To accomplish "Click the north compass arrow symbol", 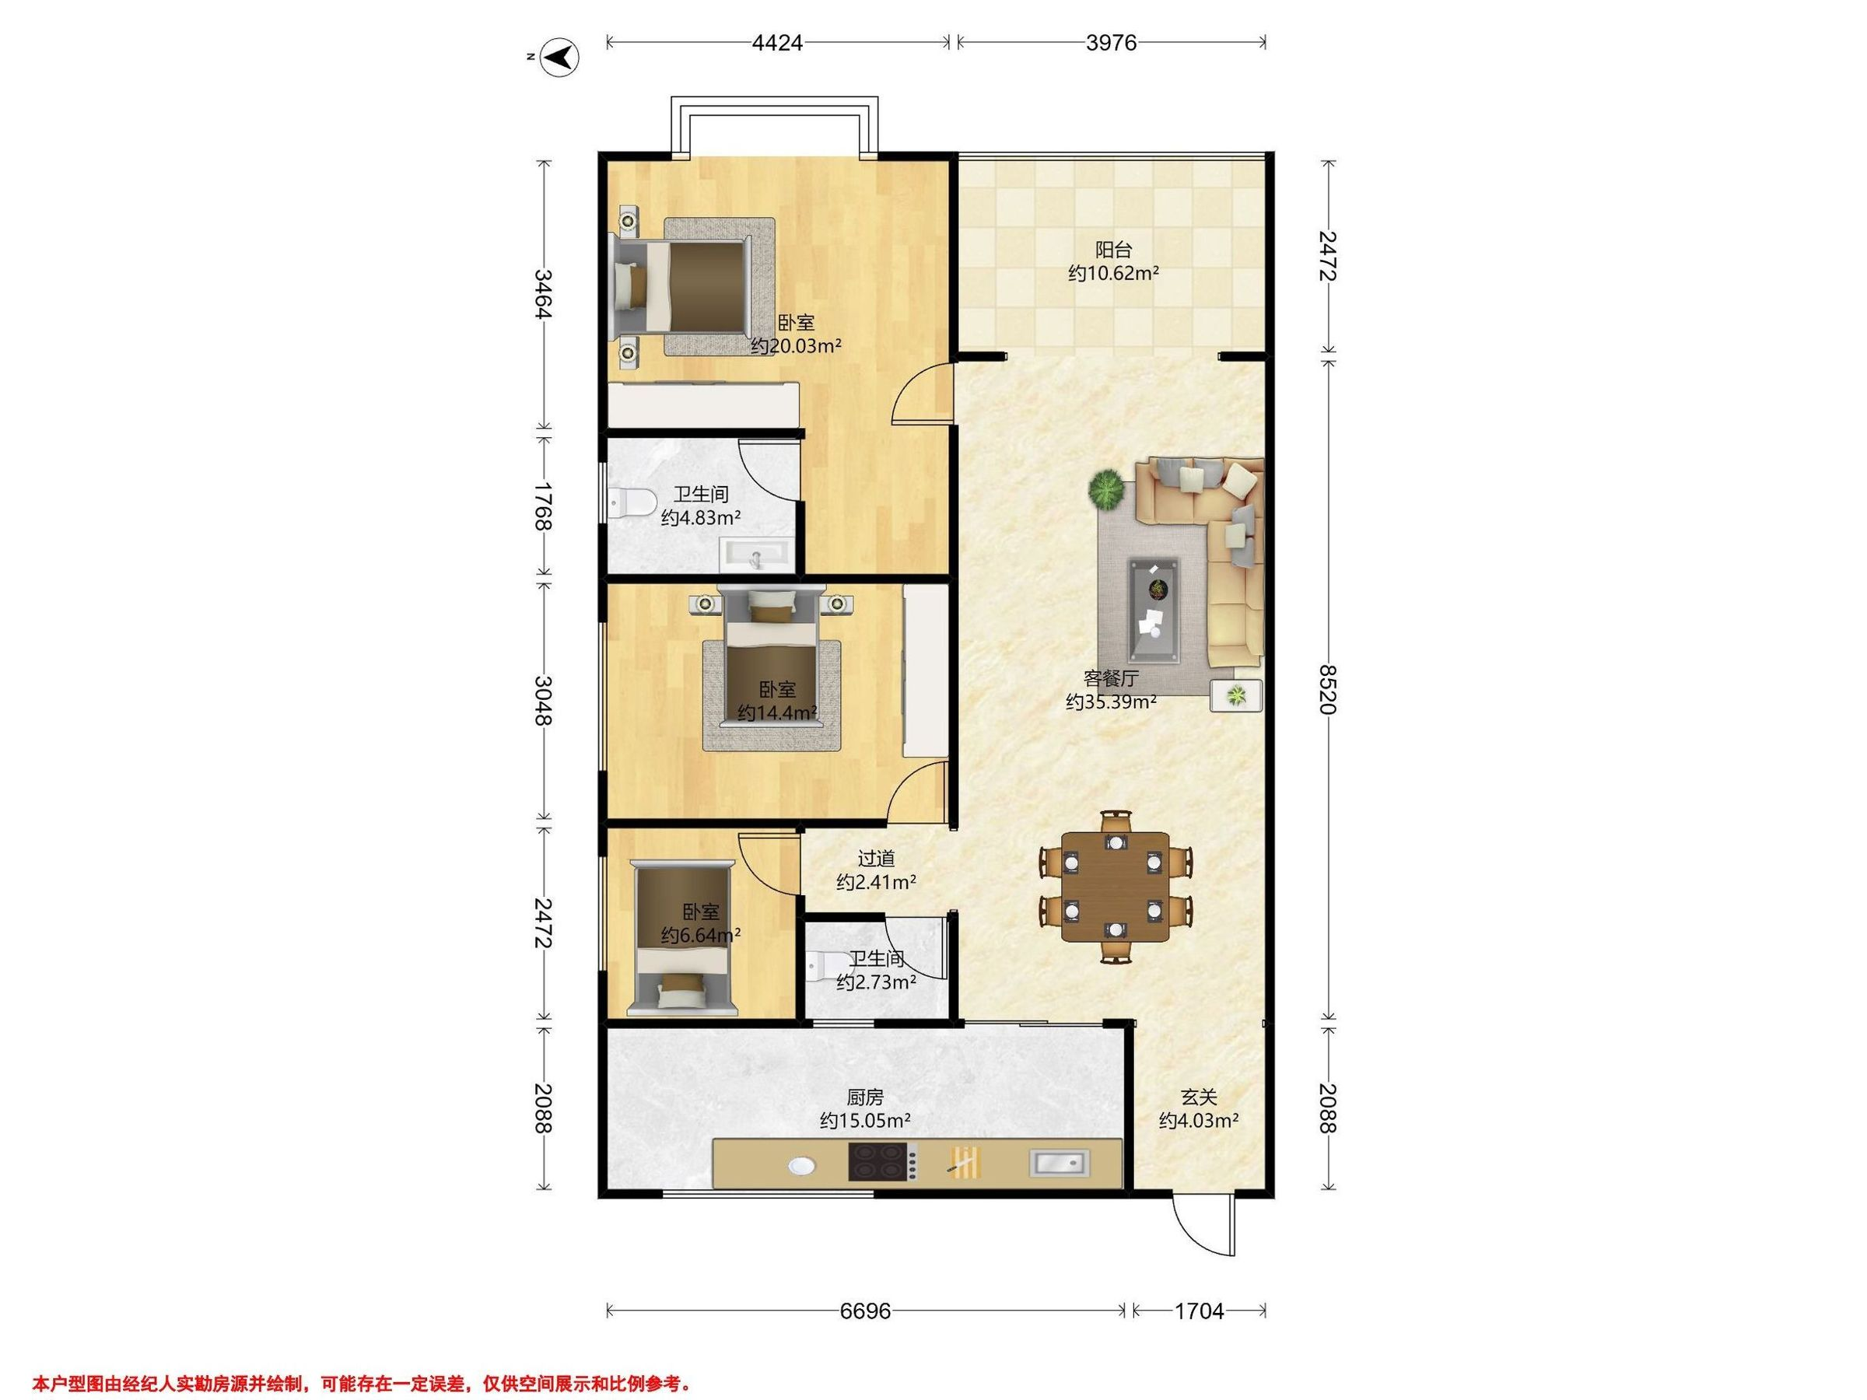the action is click(559, 58).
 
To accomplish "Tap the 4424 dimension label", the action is click(776, 43).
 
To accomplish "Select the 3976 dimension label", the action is click(1111, 43).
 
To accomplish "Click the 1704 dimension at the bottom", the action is click(1200, 1311).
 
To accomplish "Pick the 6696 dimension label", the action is click(866, 1311).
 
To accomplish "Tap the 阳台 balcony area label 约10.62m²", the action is click(1113, 274).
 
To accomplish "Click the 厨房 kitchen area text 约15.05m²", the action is click(865, 1122).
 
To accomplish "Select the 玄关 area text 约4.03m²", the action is click(1199, 1122).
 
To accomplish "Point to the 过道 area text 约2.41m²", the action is click(876, 883).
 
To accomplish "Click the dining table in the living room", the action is click(1116, 887).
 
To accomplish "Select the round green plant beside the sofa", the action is click(1106, 489).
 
